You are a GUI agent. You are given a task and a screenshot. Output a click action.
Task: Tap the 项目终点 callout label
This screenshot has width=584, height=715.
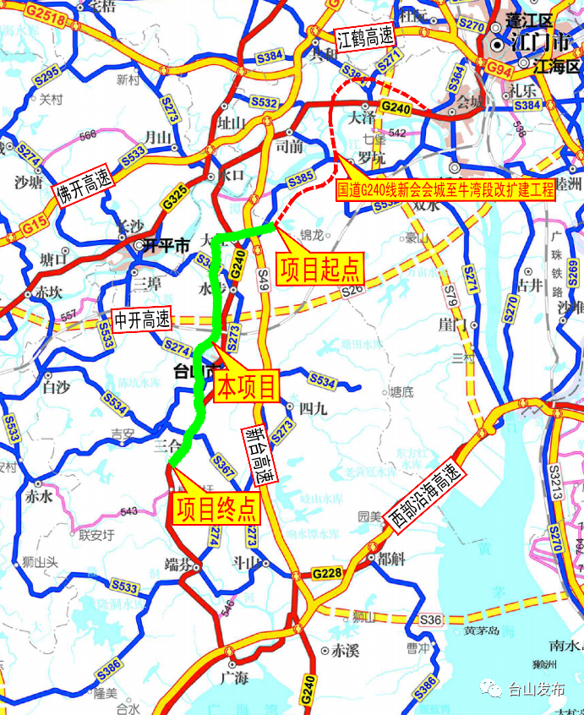[x=216, y=510]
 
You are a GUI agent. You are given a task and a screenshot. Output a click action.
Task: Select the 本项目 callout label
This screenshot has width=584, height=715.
[x=248, y=387]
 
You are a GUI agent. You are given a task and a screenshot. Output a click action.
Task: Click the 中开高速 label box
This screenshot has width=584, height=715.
[x=143, y=320]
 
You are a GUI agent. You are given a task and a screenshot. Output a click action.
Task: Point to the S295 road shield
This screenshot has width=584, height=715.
[x=47, y=74]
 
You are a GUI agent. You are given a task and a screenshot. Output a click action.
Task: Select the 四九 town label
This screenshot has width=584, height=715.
[x=313, y=408]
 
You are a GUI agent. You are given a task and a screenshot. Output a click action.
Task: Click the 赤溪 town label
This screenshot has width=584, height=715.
[x=345, y=651]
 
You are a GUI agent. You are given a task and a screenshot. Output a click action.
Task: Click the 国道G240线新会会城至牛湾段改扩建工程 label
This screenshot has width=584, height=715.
[x=445, y=189]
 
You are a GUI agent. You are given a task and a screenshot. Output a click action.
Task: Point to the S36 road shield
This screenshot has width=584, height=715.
[x=430, y=620]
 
